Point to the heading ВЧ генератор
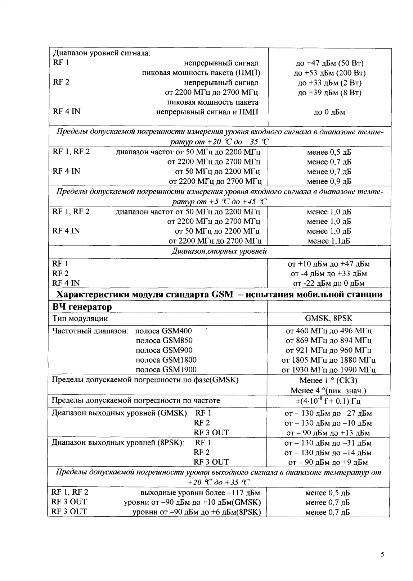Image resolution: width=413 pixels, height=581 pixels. pos(82,307)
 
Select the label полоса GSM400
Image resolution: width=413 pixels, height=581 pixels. pos(164,331)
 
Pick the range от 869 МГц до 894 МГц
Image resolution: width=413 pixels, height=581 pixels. pos(329,340)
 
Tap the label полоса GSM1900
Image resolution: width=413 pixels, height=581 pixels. pos(166,369)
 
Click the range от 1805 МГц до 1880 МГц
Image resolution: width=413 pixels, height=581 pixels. pos(329,360)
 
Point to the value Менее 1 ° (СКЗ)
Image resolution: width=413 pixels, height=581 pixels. pos(328,381)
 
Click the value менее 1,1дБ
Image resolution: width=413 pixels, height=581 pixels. pos(329,241)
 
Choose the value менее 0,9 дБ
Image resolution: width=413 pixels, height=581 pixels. pos(329,181)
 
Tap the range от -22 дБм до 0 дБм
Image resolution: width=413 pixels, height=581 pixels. pos(329,283)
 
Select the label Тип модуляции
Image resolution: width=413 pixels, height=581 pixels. pos(80,319)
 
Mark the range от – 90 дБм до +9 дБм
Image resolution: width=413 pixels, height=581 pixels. pos(329,462)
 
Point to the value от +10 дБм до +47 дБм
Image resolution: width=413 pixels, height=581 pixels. pos(329,264)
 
